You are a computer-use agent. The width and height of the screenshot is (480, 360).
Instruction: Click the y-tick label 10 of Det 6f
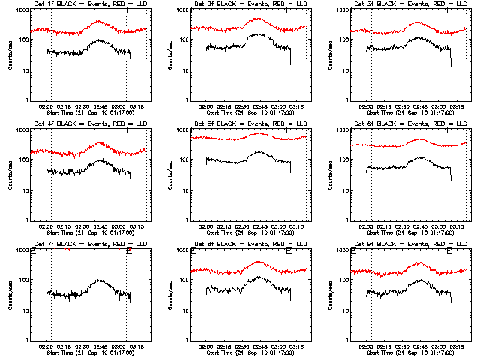[x=346, y=190]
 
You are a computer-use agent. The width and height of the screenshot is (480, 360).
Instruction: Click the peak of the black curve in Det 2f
[x=256, y=34]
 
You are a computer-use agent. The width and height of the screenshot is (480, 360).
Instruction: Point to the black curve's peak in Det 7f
[x=98, y=280]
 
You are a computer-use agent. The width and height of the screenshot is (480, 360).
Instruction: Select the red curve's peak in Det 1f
[x=99, y=21]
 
